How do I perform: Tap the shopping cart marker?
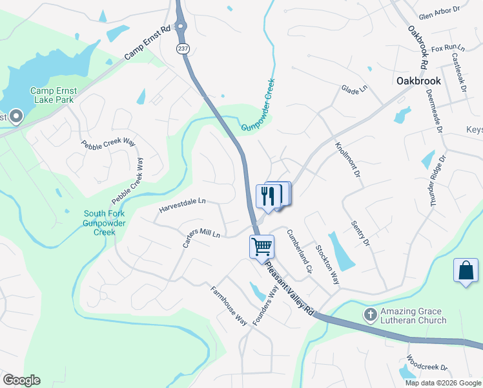pos(262,246)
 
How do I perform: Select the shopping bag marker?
pos(466,271)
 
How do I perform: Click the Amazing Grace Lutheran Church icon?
pos(370,315)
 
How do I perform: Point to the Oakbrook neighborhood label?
pos(418,81)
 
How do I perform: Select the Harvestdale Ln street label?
pos(182,205)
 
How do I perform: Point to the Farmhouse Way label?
pos(229,305)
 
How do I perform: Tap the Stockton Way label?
pos(327,264)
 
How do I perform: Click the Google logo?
pos(21,380)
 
